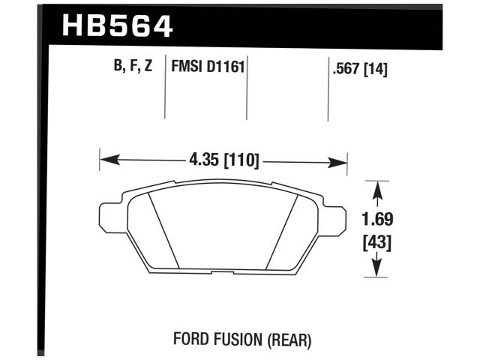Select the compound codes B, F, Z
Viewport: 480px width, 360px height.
click(x=133, y=67)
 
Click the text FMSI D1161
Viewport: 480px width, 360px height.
click(x=205, y=67)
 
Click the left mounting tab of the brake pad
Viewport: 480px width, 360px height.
click(x=109, y=217)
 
